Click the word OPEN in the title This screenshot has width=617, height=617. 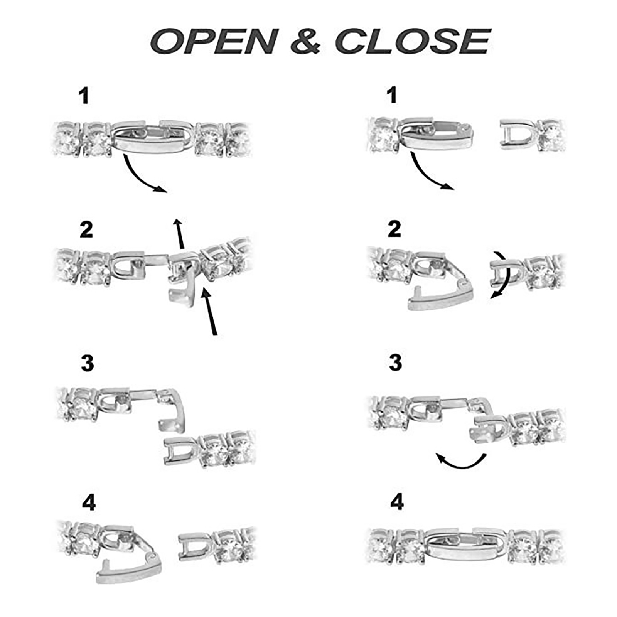(214, 41)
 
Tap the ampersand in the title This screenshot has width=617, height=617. (305, 41)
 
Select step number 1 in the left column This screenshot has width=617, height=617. (84, 96)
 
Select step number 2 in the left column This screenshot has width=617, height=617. (86, 229)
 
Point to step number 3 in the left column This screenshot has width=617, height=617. (87, 363)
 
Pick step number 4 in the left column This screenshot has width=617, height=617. (89, 503)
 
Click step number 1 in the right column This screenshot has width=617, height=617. (392, 95)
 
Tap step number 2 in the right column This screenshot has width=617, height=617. (394, 229)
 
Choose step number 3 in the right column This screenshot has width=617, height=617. (395, 362)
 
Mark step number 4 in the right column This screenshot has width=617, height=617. (397, 502)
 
